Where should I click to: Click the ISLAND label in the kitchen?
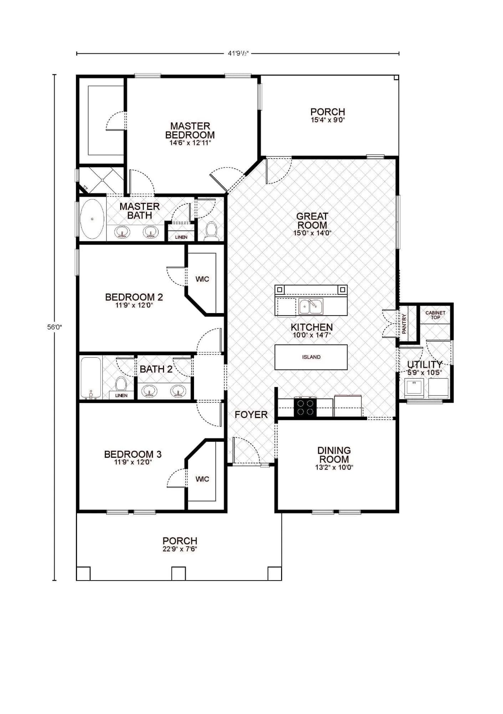point(311,357)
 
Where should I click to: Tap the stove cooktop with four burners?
point(305,407)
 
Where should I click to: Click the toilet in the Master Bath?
point(212,231)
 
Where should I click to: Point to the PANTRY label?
point(404,323)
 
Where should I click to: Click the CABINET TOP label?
point(435,315)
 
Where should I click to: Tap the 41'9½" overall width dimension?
point(238,54)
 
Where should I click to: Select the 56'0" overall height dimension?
point(54,327)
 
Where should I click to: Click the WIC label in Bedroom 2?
point(202,279)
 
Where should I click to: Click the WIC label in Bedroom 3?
point(202,479)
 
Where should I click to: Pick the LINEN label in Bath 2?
point(121,396)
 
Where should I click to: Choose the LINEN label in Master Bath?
point(181,237)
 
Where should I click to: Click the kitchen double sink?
point(311,306)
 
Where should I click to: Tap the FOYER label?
point(251,414)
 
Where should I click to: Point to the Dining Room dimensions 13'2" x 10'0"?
point(334,467)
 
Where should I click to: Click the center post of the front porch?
point(178,573)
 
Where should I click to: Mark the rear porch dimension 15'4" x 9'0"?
point(327,120)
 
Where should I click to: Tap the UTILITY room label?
point(425,364)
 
